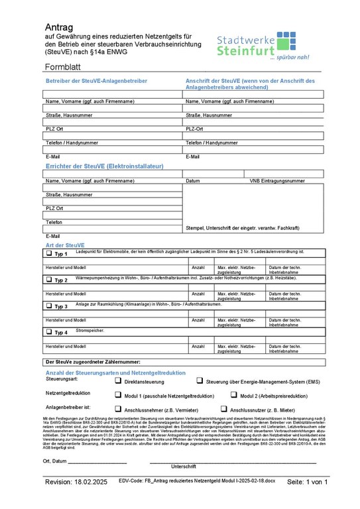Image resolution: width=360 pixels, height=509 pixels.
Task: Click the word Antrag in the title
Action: (x=60, y=27)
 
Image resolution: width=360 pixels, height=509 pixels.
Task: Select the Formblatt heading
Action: (x=68, y=68)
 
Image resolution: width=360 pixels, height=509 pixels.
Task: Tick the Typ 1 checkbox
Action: (x=48, y=253)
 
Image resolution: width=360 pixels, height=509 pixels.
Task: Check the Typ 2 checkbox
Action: (x=48, y=280)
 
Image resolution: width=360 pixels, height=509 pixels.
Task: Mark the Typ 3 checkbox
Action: (x=48, y=306)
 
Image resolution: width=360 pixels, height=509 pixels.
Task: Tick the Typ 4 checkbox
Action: (x=48, y=332)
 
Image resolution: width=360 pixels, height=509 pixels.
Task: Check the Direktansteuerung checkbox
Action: (x=119, y=381)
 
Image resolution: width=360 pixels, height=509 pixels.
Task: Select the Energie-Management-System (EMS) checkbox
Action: (x=200, y=381)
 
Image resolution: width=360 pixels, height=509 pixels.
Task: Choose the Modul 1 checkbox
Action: (x=119, y=394)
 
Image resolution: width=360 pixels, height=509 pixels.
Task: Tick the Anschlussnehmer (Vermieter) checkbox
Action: (x=119, y=409)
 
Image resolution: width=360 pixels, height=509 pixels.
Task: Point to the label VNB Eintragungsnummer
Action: (x=277, y=180)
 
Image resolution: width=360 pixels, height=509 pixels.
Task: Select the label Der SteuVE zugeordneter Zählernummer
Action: (x=92, y=362)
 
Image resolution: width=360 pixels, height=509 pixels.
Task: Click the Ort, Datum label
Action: (x=54, y=461)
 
